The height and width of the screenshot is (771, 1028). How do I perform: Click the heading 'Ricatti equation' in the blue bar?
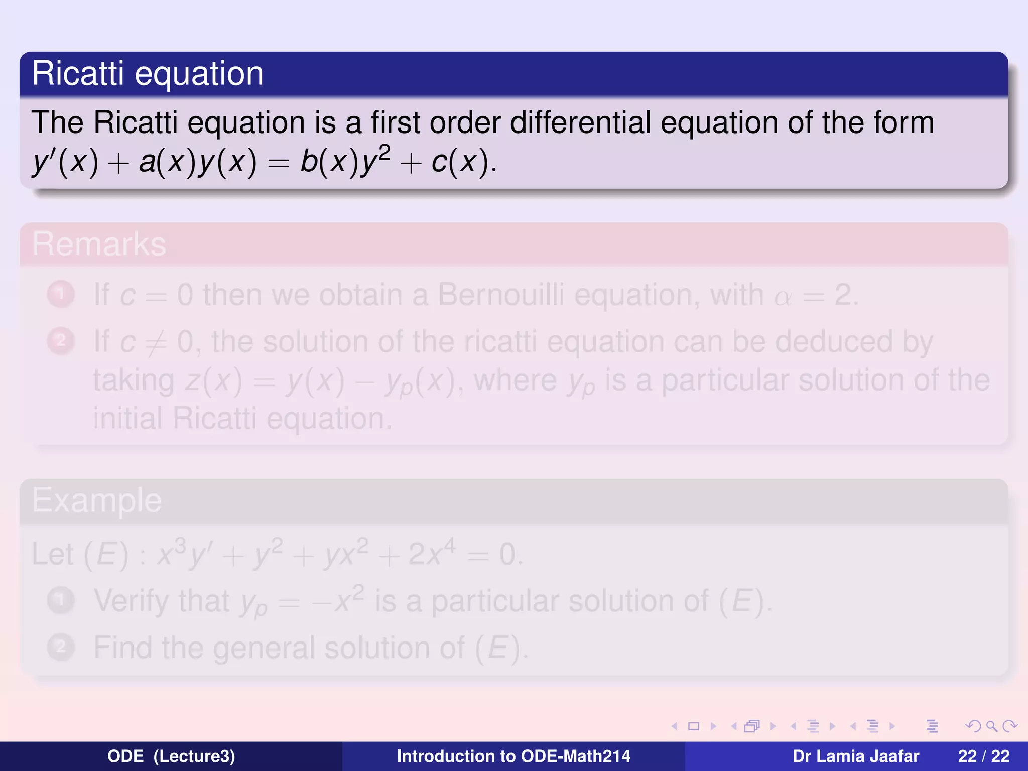point(148,74)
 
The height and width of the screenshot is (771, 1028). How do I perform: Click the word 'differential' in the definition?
point(580,122)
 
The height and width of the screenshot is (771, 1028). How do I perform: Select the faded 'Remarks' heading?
point(99,244)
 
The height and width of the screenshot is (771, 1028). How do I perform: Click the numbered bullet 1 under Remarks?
point(61,294)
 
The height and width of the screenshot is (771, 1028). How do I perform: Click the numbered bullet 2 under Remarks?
point(61,341)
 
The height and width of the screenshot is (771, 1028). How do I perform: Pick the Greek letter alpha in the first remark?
point(783,297)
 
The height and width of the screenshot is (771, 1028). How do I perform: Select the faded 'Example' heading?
point(97,500)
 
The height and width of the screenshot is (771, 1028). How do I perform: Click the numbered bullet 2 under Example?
point(61,647)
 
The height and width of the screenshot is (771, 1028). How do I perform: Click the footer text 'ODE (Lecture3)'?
point(171,756)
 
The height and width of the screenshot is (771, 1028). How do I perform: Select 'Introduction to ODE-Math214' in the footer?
point(513,756)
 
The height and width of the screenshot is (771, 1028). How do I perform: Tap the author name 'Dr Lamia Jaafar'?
point(856,756)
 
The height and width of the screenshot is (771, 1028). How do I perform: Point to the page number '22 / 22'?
point(984,756)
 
